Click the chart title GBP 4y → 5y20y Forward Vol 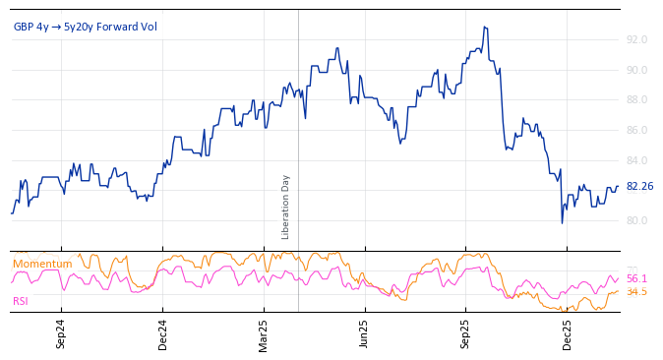tap(85, 27)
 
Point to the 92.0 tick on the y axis tap(636, 39)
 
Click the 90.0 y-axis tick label tap(636, 70)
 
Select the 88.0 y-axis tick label tap(636, 99)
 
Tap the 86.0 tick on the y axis tap(636, 130)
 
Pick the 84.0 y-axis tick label tap(636, 160)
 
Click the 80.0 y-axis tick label tap(636, 220)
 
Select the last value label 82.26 tap(639, 186)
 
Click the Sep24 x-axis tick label tap(61, 333)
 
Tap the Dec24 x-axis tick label tap(162, 333)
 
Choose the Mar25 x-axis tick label tap(263, 333)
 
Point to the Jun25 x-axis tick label tap(364, 333)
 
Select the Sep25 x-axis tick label tap(465, 333)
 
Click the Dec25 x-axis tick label tap(567, 333)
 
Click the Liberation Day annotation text tap(286, 207)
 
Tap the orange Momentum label tap(42, 264)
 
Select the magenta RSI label tap(21, 301)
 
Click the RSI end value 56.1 tap(636, 278)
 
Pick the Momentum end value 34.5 tap(636, 291)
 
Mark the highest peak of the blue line tap(485, 28)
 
